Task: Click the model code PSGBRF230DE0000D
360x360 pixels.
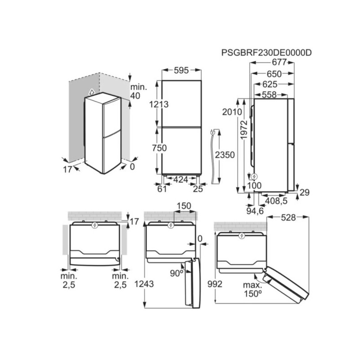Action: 266,53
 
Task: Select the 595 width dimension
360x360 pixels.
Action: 182,70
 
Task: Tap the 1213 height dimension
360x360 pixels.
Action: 160,104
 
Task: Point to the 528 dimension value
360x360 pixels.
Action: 288,218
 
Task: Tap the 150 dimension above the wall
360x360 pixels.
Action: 184,206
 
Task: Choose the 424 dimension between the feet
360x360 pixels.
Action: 180,180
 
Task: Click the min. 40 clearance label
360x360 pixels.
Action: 136,91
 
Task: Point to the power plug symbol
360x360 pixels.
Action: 212,132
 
